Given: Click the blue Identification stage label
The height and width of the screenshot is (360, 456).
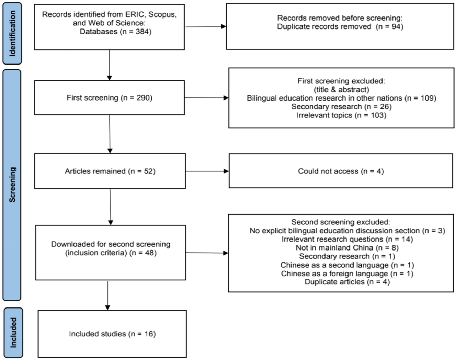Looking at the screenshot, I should point(12,33).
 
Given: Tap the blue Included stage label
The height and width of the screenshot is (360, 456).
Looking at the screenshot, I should point(13,333).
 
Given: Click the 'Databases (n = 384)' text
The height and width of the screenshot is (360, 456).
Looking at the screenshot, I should point(115,32).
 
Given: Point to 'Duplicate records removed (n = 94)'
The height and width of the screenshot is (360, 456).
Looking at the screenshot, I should point(340,27).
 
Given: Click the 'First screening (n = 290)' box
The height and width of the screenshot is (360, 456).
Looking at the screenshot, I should point(109,98).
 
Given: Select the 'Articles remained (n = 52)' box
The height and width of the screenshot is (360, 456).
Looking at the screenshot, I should point(110,171).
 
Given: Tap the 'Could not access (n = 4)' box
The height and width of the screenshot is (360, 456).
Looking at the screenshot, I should point(341,171).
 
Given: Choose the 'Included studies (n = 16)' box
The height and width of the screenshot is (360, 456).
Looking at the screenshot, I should point(112,334).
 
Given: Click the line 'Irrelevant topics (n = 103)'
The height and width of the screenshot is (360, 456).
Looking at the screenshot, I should point(341,115).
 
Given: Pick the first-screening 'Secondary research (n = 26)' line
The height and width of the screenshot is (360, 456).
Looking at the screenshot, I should point(341,107).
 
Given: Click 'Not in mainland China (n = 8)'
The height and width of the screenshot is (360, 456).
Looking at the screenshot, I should point(347,248).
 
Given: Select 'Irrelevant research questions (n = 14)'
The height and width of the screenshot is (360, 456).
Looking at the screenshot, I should point(347,239).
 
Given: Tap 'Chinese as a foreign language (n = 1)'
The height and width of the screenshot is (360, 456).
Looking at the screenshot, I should point(347,274).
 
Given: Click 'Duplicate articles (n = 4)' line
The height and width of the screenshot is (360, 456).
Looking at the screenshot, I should point(347,282).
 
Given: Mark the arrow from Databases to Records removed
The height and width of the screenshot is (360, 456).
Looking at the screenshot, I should point(205,26).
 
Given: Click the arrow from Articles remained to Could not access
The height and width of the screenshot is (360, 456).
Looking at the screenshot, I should point(207,171).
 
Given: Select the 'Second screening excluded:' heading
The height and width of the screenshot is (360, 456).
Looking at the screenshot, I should point(341,222).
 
